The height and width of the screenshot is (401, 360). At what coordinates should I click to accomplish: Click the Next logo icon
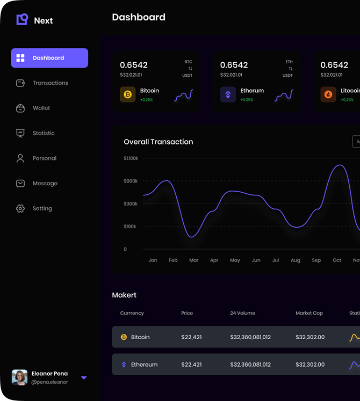[22, 20]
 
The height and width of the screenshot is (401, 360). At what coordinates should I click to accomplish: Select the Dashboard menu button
[49, 58]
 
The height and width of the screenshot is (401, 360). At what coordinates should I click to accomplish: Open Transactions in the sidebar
[50, 83]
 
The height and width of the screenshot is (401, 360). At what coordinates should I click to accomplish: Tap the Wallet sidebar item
[41, 108]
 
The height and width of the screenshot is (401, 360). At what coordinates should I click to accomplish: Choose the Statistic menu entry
[43, 133]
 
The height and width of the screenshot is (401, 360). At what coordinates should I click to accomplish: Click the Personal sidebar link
[44, 158]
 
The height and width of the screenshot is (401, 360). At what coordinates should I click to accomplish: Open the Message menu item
[45, 184]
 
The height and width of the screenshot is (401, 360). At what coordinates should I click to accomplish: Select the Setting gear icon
[20, 208]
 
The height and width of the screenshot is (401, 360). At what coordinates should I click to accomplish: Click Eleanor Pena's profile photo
[20, 377]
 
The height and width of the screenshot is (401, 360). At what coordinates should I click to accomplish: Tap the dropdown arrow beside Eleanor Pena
[84, 378]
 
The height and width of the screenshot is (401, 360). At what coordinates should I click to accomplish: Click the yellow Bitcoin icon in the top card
[128, 95]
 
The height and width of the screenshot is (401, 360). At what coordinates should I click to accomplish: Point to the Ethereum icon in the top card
[228, 95]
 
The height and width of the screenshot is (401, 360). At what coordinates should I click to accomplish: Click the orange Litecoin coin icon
[328, 95]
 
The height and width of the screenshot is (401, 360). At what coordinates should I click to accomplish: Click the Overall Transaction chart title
[159, 142]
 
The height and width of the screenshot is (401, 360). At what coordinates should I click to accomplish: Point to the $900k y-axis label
[131, 181]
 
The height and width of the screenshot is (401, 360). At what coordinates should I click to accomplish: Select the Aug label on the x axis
[296, 260]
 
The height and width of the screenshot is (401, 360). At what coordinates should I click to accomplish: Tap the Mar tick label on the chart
[194, 260]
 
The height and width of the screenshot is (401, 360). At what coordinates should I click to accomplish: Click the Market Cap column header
[309, 313]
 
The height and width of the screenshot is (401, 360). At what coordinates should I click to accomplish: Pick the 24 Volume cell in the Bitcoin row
[250, 337]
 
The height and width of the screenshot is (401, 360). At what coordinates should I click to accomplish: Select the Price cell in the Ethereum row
[192, 364]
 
